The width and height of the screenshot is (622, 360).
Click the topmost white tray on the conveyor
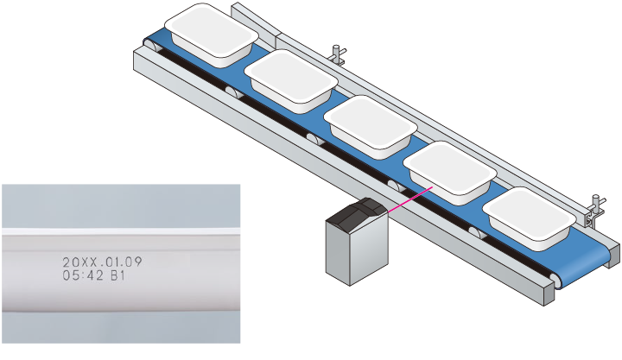pyautogui.click(x=212, y=33)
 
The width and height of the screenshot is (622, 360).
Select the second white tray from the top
pyautogui.click(x=290, y=79)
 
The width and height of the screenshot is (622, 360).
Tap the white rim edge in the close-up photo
pyautogui.click(x=121, y=232)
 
